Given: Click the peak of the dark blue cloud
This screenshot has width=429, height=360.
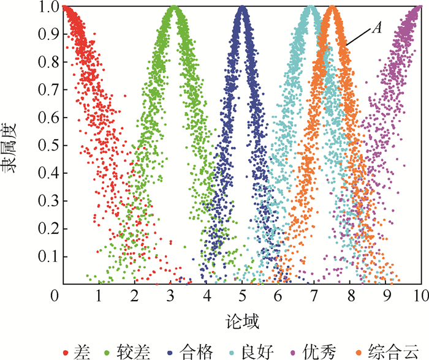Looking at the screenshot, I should point(243,9).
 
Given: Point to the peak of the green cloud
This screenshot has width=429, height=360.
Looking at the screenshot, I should point(174,9).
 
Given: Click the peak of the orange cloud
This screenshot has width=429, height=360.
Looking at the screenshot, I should point(332,9).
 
